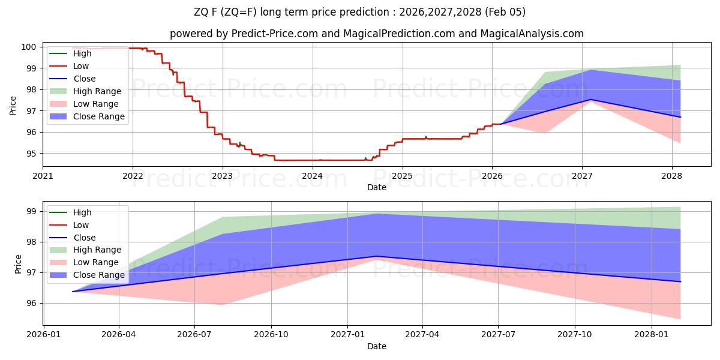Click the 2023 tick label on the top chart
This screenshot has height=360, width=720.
click(223, 176)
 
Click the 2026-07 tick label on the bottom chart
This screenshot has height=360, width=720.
click(195, 335)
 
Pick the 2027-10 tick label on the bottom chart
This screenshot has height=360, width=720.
click(575, 335)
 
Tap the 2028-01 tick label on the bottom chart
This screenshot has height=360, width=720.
click(651, 335)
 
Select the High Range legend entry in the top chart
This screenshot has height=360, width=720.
click(97, 91)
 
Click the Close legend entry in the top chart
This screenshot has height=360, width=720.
click(84, 79)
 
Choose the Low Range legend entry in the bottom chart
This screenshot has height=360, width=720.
click(95, 262)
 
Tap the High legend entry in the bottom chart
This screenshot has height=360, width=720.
click(82, 212)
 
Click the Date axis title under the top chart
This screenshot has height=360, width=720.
click(376, 187)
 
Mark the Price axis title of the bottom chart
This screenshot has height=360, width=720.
click(17, 264)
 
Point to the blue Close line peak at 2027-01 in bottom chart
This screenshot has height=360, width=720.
click(376, 256)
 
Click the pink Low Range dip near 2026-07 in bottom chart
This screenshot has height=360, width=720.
click(223, 304)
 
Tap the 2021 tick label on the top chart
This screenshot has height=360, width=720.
click(43, 176)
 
